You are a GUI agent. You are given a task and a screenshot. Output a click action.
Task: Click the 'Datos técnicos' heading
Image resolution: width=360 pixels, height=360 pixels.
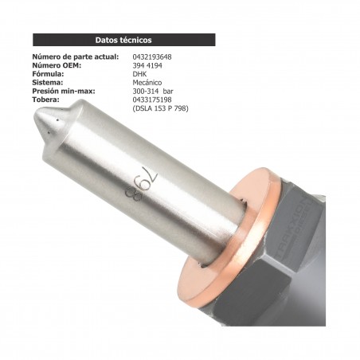(123, 39)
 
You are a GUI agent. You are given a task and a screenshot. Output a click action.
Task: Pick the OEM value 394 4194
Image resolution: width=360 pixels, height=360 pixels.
(147, 66)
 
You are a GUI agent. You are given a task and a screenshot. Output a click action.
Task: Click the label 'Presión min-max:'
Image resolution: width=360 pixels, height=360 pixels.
(63, 91)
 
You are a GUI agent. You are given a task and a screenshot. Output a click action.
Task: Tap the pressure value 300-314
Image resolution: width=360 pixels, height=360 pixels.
(145, 91)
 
